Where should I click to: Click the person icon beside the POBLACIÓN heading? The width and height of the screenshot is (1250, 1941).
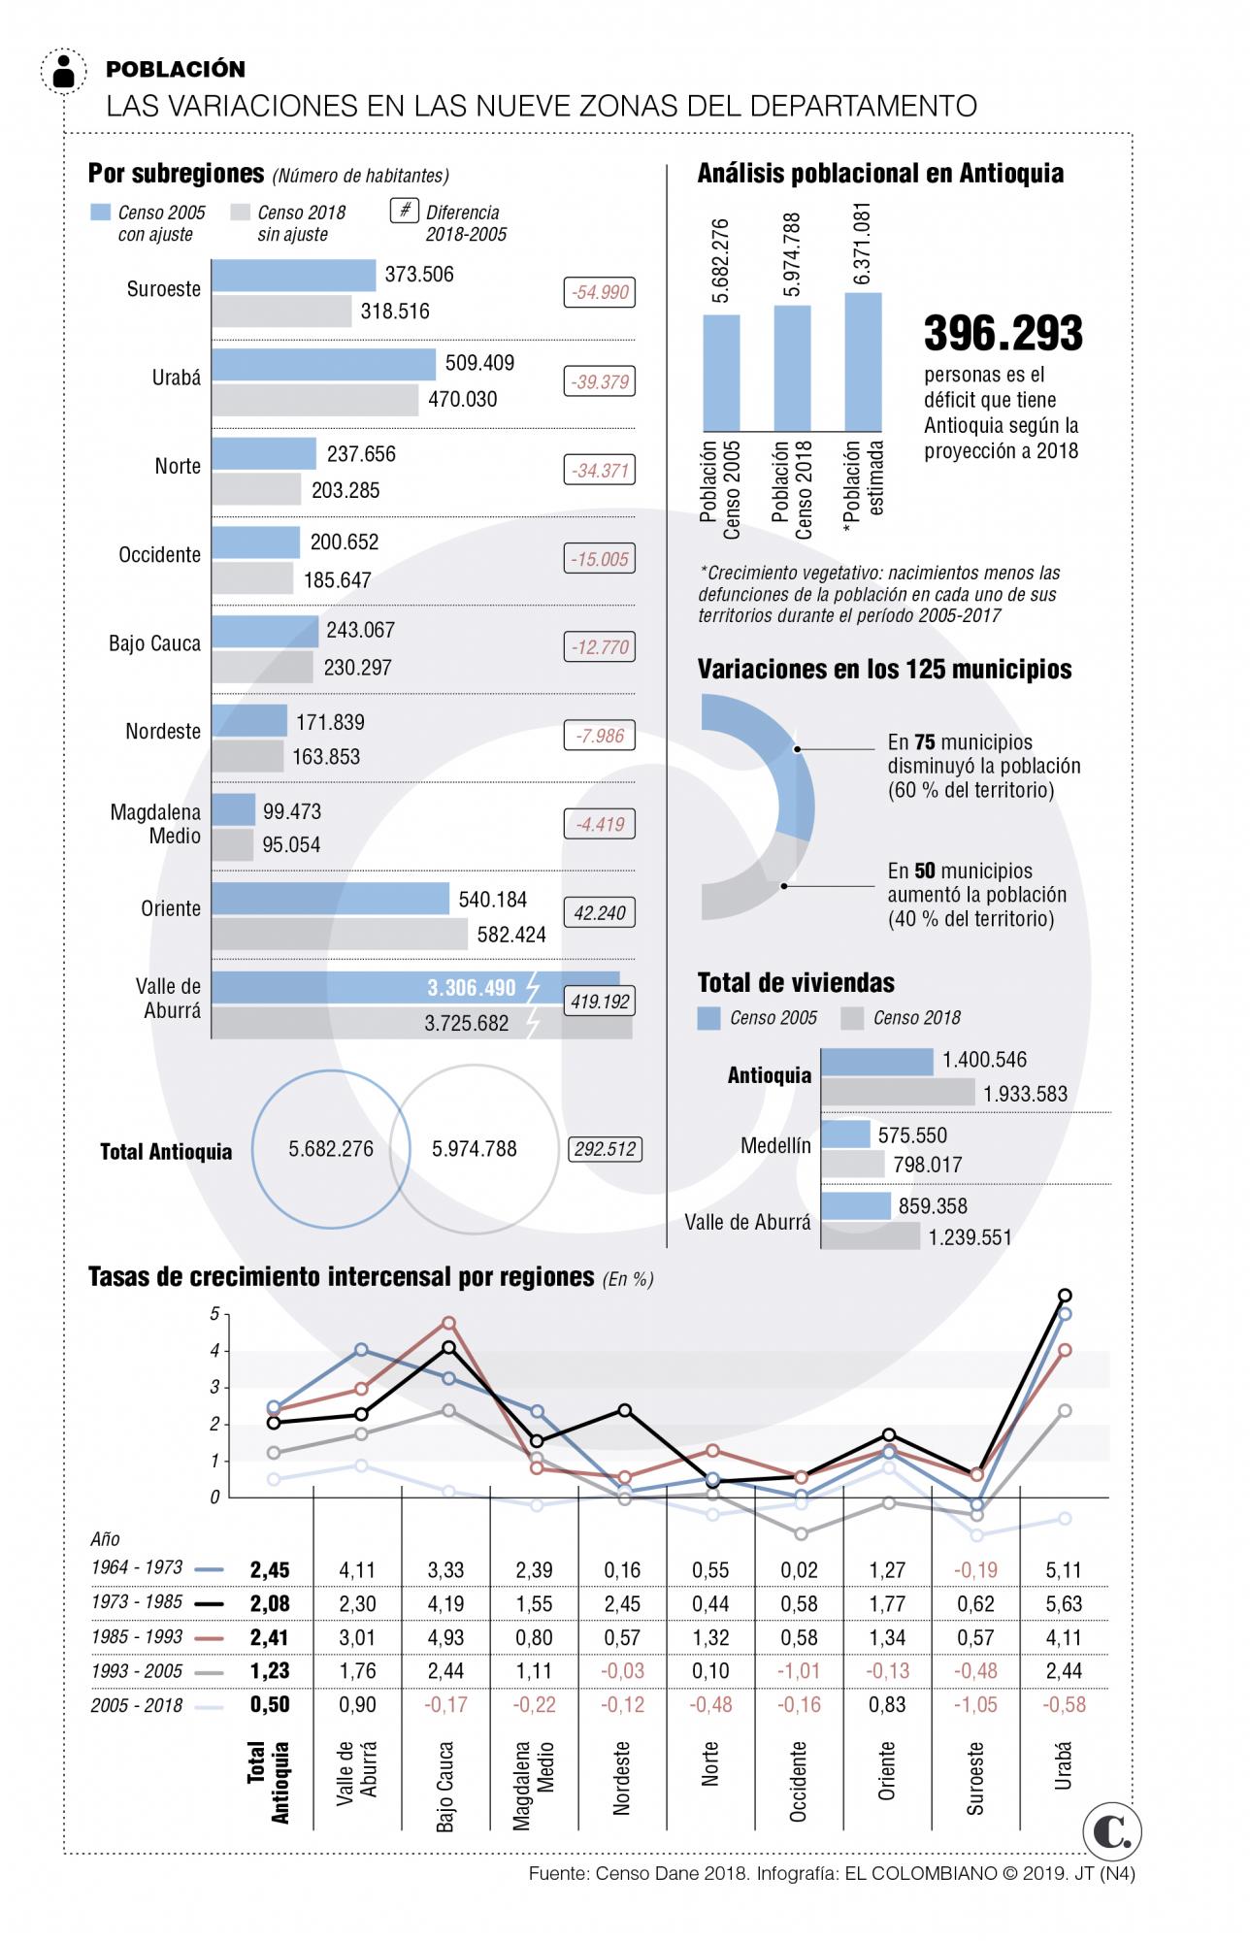65,71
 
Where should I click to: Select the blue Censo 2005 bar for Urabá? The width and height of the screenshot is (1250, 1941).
323,365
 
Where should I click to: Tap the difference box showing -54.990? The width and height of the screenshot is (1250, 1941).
600,292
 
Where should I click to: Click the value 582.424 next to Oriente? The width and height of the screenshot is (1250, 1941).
511,935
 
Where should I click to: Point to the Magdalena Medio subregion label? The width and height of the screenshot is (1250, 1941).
155,824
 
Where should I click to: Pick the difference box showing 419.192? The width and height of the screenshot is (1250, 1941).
600,1001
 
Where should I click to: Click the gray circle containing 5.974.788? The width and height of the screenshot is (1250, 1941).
475,1149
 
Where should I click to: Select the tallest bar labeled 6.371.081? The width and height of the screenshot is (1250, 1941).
863,361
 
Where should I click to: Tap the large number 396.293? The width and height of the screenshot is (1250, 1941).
1003,333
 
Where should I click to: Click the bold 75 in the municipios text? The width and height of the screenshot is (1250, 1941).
925,742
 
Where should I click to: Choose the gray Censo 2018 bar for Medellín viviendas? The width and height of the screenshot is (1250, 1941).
853,1164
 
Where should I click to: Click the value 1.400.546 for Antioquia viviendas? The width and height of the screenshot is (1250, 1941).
984,1060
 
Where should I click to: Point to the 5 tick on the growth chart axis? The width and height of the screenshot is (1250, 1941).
214,1314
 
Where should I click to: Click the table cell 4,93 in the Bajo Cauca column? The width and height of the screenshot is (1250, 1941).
445,1637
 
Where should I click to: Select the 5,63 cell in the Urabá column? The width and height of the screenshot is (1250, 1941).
1063,1603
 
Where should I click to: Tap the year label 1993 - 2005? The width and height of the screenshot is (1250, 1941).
137,1670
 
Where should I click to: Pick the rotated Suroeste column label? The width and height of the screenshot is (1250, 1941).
974,1778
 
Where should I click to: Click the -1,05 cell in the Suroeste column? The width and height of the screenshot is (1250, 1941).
975,1704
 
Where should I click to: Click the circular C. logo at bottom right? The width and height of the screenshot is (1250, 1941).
1112,1831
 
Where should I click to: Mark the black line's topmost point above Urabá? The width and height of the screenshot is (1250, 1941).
1065,1295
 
